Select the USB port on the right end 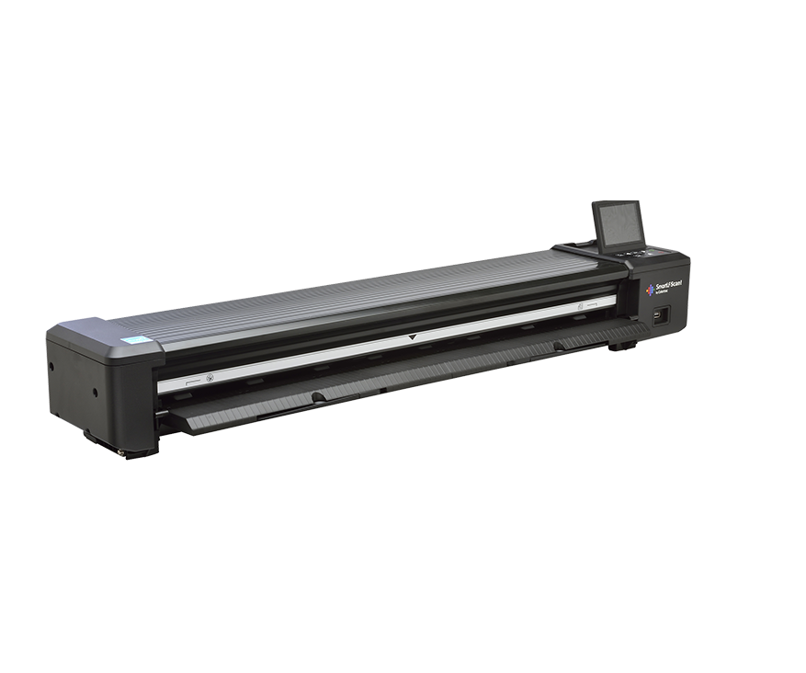(659, 315)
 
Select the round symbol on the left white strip (208, 377)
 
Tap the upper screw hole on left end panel (52, 365)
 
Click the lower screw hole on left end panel (95, 392)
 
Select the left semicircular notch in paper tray (317, 397)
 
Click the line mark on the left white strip (190, 379)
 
